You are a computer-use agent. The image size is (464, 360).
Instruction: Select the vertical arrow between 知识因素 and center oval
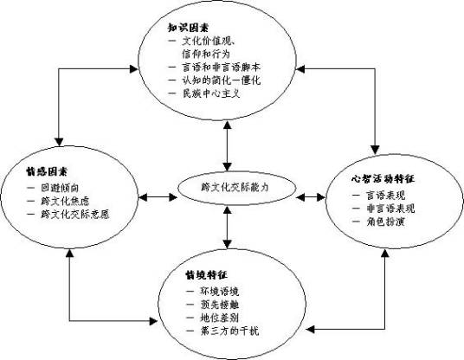coord(227,145)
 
